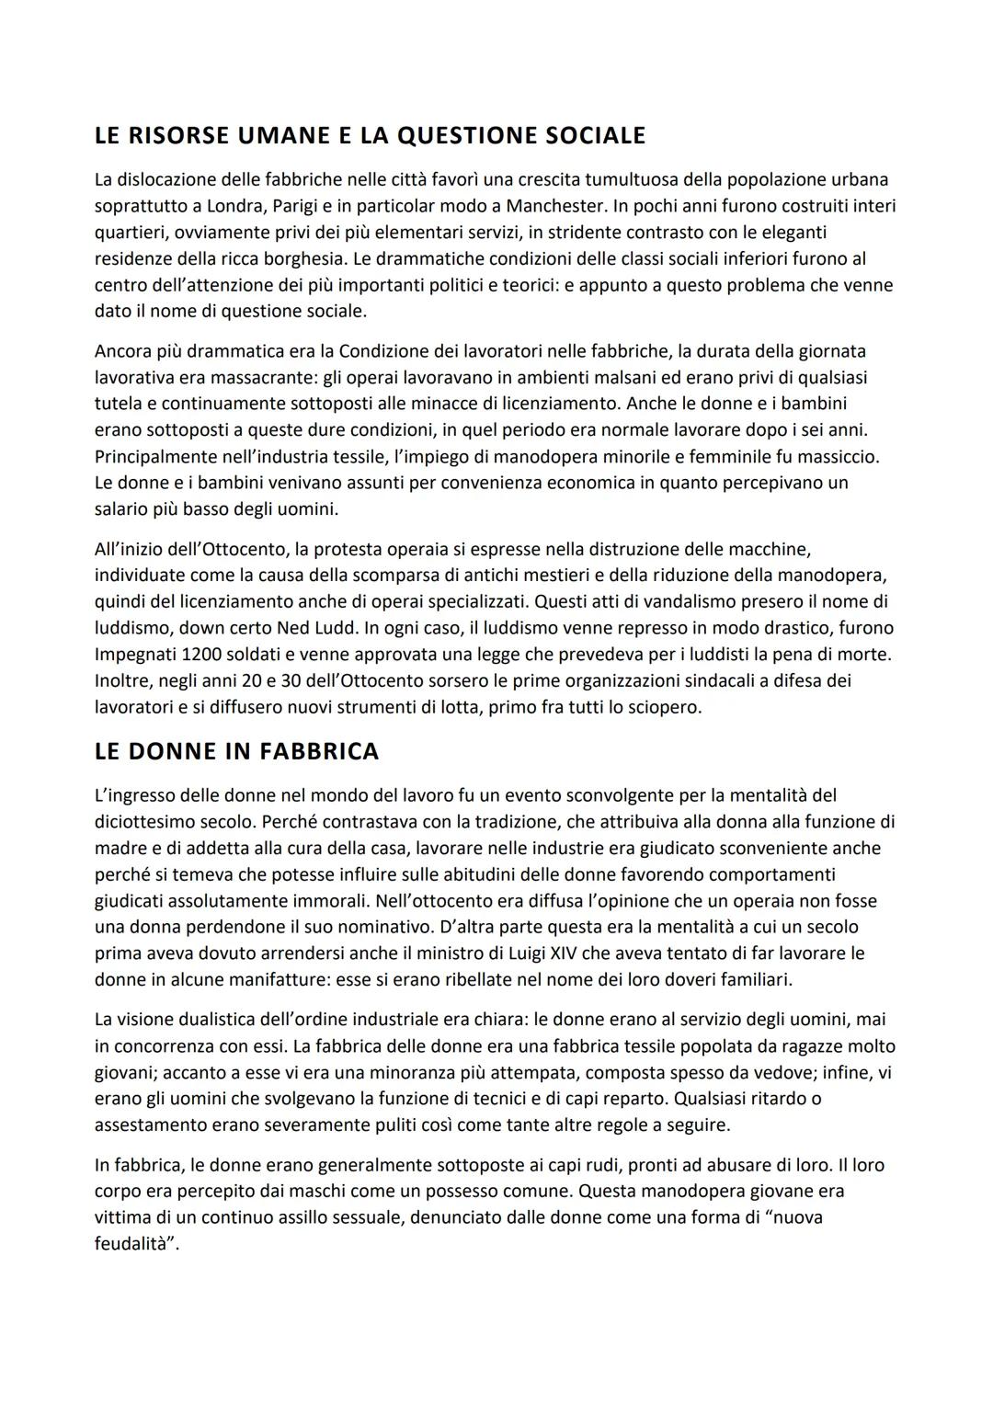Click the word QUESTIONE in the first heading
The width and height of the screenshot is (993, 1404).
pyautogui.click(x=468, y=136)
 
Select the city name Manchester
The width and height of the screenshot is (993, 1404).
pyautogui.click(x=555, y=205)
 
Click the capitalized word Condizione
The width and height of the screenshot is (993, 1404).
pyautogui.click(x=385, y=351)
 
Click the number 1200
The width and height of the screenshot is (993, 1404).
pyautogui.click(x=208, y=655)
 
